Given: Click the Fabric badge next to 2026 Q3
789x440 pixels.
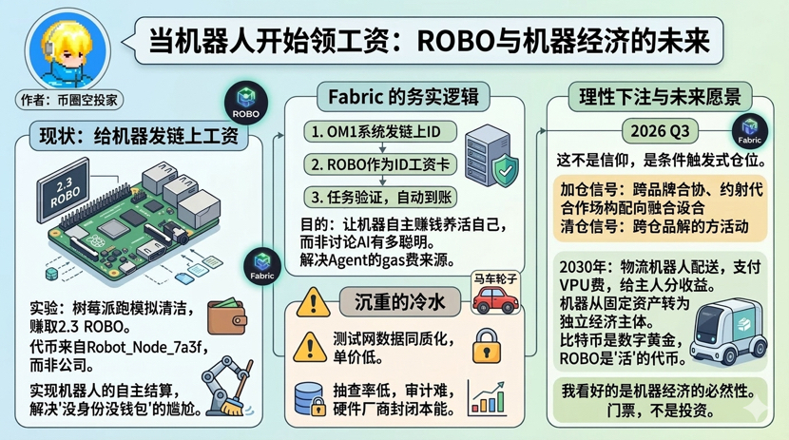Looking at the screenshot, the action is pyautogui.click(x=751, y=126).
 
